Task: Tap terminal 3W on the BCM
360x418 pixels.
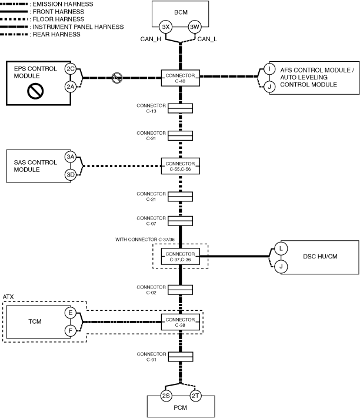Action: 195,27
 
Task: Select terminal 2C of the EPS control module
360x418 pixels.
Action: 71,69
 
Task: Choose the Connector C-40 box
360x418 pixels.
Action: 180,78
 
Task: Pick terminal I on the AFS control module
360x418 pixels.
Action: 269,69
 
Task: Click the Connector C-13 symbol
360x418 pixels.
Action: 181,108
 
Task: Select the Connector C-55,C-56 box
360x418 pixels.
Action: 180,166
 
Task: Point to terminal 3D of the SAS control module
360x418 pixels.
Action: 71,175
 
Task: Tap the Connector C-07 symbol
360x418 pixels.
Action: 181,221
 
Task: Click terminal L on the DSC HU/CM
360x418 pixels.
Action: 281,249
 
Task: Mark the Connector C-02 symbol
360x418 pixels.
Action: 181,290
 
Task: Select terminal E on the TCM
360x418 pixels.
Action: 71,313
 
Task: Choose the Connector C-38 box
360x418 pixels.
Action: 180,322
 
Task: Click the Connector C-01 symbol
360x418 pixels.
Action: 181,357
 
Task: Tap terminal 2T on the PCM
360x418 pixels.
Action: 195,396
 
